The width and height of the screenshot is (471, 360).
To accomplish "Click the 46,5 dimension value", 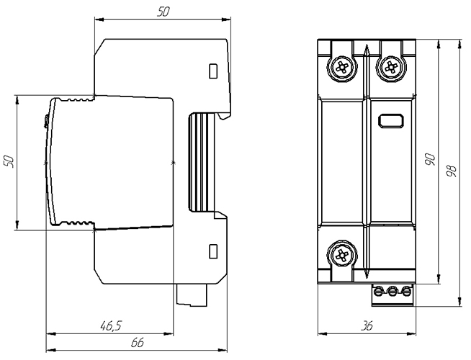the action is pyautogui.click(x=112, y=325).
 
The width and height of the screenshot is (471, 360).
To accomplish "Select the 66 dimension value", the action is pyautogui.click(x=138, y=343).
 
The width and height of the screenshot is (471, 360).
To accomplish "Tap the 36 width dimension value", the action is pyautogui.click(x=367, y=325).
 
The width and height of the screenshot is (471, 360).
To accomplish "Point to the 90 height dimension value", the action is pyautogui.click(x=430, y=159).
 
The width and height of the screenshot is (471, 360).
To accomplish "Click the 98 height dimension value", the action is pyautogui.click(x=452, y=171).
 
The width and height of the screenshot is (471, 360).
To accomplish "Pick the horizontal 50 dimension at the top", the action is pyautogui.click(x=163, y=12).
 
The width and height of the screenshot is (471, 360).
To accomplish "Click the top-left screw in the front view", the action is pyautogui.click(x=342, y=68).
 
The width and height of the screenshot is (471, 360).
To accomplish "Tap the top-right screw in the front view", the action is pyautogui.click(x=390, y=68).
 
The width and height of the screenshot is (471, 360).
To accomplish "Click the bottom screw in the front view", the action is pyautogui.click(x=342, y=255).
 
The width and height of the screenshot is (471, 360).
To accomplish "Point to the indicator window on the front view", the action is pyautogui.click(x=390, y=121).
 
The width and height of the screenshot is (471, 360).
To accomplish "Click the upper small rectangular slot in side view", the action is pyautogui.click(x=213, y=71).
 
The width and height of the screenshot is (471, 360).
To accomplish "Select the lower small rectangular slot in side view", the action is pyautogui.click(x=213, y=251).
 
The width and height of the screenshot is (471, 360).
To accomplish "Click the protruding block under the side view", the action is pyautogui.click(x=192, y=295).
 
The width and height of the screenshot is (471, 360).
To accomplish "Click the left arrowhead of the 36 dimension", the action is pyautogui.click(x=323, y=333).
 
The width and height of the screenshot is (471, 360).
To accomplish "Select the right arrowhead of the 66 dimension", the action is pyautogui.click(x=223, y=351).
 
